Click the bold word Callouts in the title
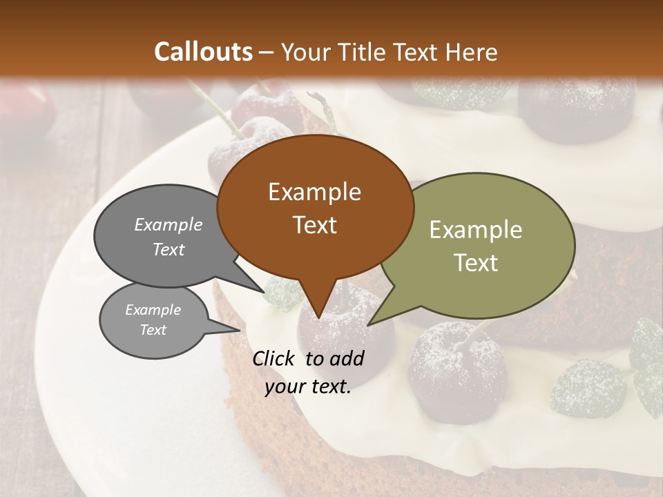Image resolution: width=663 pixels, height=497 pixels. coord(203,52)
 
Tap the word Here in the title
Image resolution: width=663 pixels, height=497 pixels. coord(471,52)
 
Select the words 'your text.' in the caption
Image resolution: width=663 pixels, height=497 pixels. coord(308,387)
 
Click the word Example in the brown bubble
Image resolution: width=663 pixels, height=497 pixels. coord(314,192)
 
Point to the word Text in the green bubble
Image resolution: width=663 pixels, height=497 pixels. coord(477,262)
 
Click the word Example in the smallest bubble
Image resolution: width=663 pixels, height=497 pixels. coord(153,310)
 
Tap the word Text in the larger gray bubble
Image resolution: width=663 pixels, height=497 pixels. coord(169,249)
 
